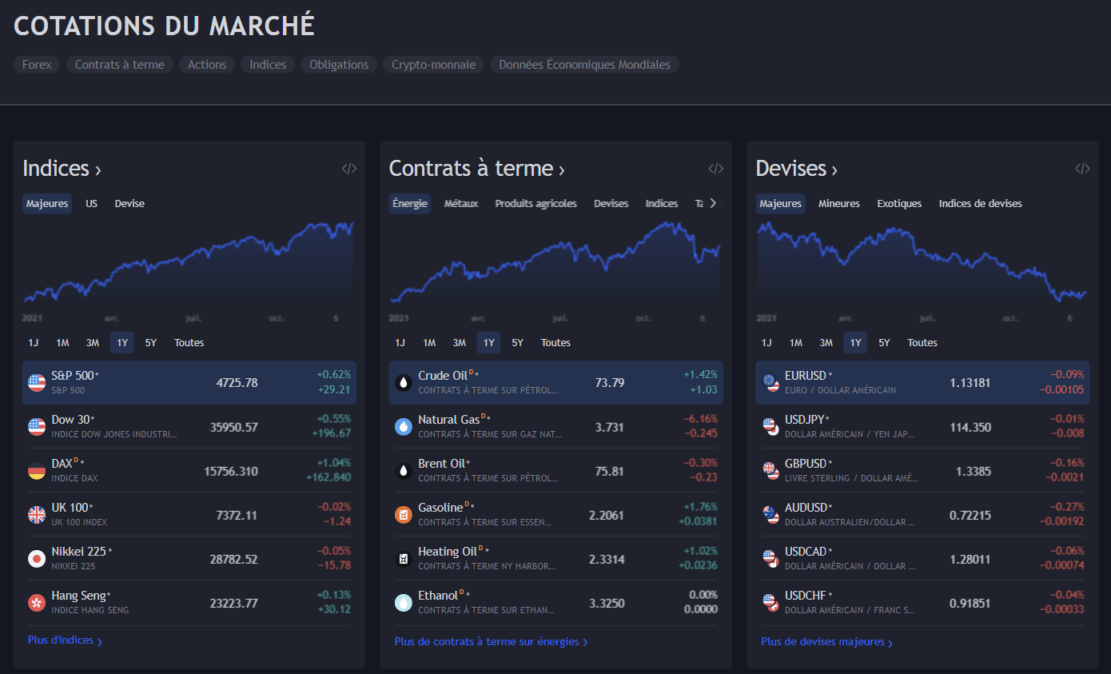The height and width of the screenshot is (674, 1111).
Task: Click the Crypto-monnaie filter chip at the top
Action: [433, 65]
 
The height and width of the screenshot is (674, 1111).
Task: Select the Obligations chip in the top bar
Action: [339, 65]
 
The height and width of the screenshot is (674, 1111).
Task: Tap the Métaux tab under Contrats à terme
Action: [461, 204]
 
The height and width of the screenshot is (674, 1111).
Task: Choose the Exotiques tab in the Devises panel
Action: [899, 204]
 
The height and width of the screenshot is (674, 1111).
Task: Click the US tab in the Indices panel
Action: [92, 204]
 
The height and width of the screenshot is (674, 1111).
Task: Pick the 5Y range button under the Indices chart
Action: [150, 343]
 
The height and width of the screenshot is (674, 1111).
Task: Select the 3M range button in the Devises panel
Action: [826, 343]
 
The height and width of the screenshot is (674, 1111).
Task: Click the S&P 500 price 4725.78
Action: [237, 383]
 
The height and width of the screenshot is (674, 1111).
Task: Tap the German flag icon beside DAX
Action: [37, 471]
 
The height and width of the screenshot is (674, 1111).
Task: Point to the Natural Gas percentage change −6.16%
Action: [700, 419]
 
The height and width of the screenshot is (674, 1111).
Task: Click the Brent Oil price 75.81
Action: [609, 471]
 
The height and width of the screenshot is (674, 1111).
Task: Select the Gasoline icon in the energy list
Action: [404, 515]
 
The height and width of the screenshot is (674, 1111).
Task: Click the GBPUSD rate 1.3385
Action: [973, 471]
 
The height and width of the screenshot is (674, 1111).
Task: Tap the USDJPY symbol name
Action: [804, 420]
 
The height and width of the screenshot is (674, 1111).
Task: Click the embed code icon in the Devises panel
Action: [1082, 169]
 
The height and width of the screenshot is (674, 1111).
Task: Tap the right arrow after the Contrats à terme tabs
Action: [713, 203]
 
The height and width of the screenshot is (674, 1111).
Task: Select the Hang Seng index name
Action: [78, 596]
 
